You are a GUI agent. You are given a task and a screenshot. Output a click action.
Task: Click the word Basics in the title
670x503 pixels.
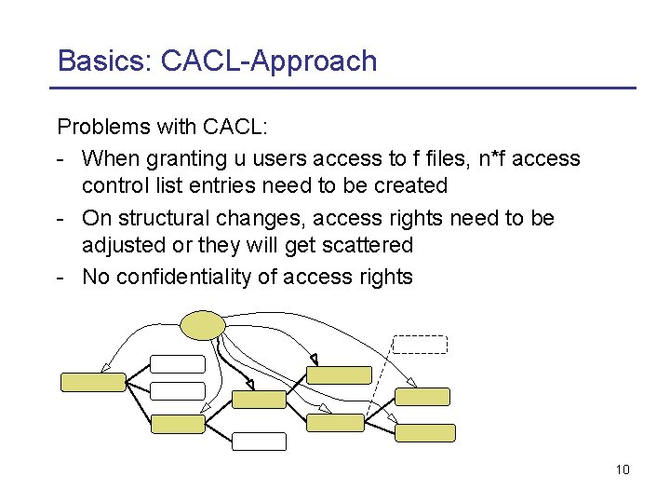click(x=101, y=61)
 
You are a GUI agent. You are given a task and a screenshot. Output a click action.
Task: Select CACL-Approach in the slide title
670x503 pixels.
click(x=269, y=61)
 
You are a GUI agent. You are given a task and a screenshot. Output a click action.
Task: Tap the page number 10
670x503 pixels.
click(x=623, y=469)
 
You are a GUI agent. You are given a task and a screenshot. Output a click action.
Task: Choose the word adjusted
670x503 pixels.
click(x=121, y=245)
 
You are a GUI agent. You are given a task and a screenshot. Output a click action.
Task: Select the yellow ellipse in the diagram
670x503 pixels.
click(x=202, y=324)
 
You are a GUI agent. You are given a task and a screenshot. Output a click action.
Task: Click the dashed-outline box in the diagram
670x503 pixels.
click(x=420, y=343)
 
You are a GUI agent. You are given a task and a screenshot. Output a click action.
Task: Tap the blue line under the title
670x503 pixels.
click(x=343, y=88)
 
